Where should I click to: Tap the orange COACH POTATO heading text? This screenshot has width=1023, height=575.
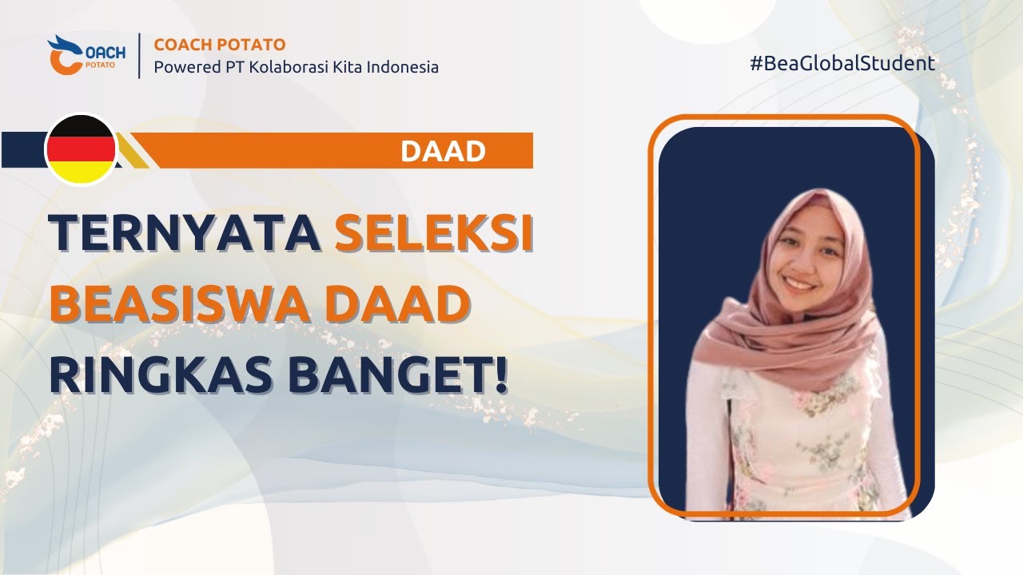[x=219, y=45]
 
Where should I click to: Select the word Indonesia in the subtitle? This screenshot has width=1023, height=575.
[x=402, y=67]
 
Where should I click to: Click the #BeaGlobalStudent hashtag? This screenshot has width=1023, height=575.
[x=842, y=64]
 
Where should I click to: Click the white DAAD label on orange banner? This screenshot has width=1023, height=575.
[x=443, y=151]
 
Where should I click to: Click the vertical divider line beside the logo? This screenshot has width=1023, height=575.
[x=139, y=56]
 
